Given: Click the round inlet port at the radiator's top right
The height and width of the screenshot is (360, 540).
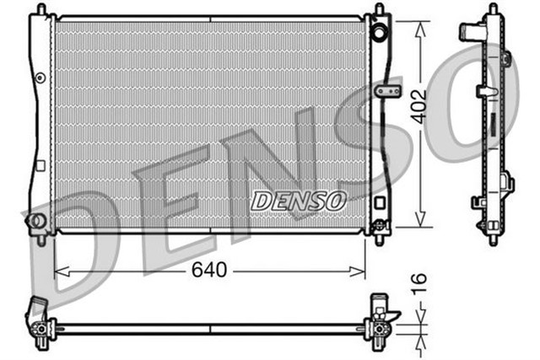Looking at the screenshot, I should (379, 35).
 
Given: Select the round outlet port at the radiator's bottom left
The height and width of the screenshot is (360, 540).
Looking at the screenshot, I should (36, 221).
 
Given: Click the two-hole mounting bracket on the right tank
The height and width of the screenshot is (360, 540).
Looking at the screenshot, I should (387, 89).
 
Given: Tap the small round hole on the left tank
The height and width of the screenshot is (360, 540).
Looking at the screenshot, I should (40, 78).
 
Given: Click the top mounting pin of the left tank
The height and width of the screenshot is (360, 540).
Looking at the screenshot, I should (39, 9).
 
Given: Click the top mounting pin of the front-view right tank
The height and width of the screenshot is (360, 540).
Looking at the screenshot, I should (378, 9).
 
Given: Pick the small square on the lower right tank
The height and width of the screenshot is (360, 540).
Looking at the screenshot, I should (379, 202).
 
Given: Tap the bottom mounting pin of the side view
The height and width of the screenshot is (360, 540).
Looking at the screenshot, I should (493, 239).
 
